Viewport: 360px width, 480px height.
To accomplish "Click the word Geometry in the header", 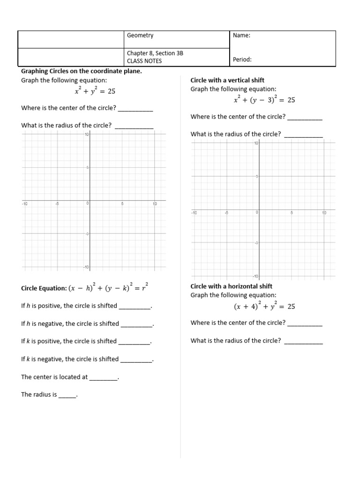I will tap(140, 36).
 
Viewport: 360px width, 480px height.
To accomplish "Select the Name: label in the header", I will tap(241, 36).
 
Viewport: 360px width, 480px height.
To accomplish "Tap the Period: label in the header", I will tap(242, 60).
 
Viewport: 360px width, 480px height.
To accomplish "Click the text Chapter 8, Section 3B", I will tap(155, 53).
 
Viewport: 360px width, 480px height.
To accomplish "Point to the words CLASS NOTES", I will tap(144, 61).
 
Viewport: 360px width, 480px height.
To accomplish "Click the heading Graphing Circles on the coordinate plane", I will tap(82, 71).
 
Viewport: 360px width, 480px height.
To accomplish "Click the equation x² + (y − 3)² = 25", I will tap(264, 100).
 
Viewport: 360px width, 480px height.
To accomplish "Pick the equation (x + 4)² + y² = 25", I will tap(264, 306).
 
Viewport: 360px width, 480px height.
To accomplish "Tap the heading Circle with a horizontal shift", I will tap(231, 286).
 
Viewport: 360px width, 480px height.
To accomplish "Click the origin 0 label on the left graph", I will tap(87, 204).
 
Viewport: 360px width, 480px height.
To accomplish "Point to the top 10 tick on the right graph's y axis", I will tap(256, 143).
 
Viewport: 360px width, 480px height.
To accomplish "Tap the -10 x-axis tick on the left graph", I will tap(25, 204).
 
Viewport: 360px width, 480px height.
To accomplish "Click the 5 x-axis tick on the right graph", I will tap(292, 212).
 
